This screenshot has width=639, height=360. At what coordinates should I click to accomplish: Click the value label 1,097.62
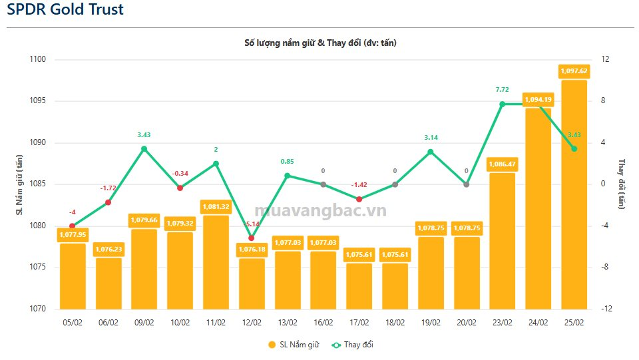coord(574,71)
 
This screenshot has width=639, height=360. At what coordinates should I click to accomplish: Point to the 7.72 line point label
coord(502,90)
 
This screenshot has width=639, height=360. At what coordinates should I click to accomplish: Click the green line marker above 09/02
coord(144,148)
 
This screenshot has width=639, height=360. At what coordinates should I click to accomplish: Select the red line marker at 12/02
coord(252,238)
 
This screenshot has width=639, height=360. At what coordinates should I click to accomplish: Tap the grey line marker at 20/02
coord(466,184)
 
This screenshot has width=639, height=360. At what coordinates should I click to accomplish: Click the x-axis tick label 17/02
coord(359,323)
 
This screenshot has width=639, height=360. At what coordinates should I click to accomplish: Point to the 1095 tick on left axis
coord(37,101)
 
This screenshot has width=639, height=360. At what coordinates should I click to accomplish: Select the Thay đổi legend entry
coord(358,345)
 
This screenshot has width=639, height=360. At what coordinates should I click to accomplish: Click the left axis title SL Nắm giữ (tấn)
coord(20,184)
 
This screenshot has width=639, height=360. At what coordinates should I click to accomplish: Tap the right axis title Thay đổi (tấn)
coord(622,184)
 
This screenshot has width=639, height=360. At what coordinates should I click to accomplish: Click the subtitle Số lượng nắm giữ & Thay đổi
coord(320,43)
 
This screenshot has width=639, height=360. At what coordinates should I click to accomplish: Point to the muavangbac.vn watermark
coord(319,212)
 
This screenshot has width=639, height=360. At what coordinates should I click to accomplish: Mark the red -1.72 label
coord(108,188)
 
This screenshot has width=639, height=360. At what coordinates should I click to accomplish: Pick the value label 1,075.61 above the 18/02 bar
coord(395,255)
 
